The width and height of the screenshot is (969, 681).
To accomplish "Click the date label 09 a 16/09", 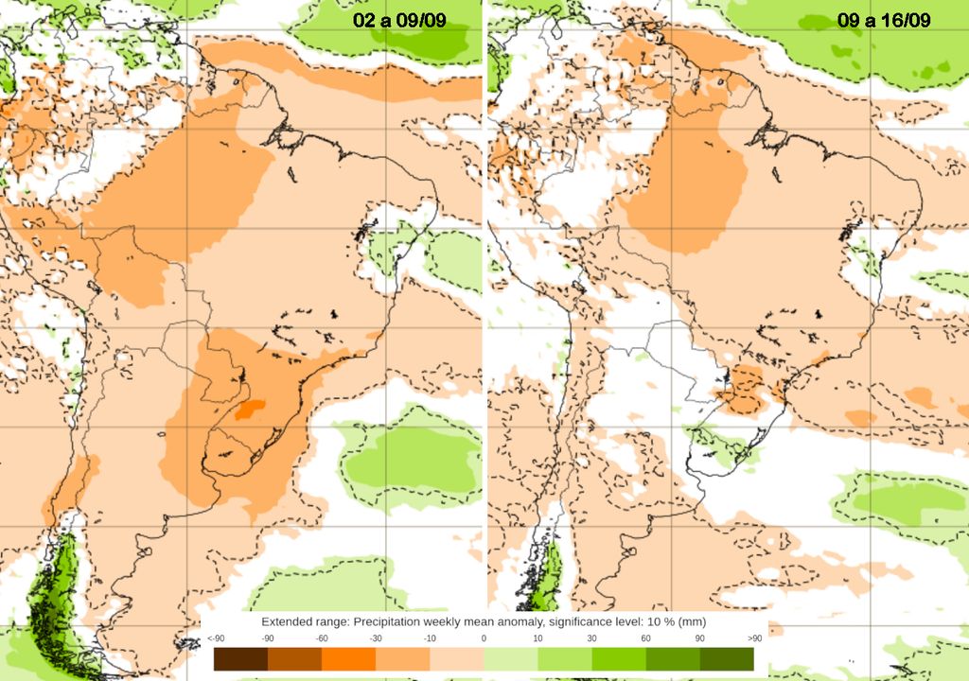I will tap(884, 21).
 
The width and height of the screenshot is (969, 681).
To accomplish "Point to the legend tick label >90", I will tap(753, 639).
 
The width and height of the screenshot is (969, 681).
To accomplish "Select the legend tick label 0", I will tap(484, 639).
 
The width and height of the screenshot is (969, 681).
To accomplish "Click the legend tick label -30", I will tap(376, 639).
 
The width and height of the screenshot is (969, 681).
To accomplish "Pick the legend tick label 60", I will tap(645, 639).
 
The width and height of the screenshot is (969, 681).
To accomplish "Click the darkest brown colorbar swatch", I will tap(240, 658).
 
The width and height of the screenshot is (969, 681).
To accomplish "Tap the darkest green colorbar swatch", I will tap(727, 658).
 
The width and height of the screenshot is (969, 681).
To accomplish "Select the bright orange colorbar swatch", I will tap(348, 658).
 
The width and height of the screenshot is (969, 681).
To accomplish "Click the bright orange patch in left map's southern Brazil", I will tap(250, 409).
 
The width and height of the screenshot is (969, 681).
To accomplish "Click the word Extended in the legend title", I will tap(288, 621).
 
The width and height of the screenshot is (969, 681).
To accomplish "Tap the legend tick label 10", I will tap(537, 639).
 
